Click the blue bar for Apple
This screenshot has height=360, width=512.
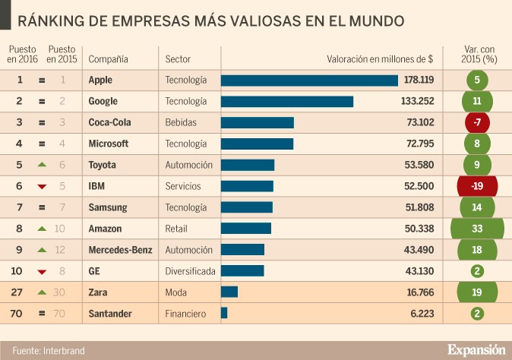[x=309, y=80]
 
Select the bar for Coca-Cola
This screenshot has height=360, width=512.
[x=258, y=122]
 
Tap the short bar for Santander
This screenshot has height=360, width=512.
[x=224, y=312]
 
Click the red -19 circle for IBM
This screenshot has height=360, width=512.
[x=477, y=186]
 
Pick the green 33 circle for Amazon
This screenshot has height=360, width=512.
[x=477, y=228]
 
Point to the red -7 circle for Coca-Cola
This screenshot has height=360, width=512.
[x=477, y=122]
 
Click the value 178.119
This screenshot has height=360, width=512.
[x=419, y=80]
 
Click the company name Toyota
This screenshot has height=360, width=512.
[x=103, y=165]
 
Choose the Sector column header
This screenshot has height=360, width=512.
[x=178, y=58]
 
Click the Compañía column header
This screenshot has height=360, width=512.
[x=108, y=58]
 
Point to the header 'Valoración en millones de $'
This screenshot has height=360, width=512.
[x=380, y=58]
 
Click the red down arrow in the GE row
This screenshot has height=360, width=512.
[x=42, y=271]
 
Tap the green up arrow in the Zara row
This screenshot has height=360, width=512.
[x=42, y=292]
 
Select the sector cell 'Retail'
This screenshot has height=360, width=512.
[x=176, y=228]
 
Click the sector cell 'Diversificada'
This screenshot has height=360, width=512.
[x=190, y=270]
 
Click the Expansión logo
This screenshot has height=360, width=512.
[x=476, y=349]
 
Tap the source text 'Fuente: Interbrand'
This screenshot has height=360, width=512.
[x=48, y=350]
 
